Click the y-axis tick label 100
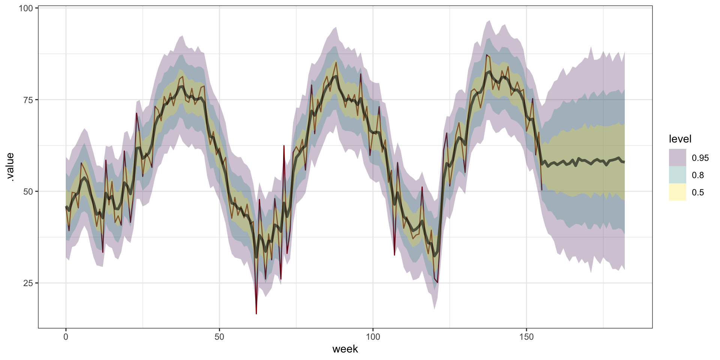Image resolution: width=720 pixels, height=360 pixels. [25, 8]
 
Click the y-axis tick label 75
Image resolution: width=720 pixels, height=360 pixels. [28, 100]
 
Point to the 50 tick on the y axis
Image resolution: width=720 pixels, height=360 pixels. [28, 191]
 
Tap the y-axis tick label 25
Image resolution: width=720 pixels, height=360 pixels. [28, 283]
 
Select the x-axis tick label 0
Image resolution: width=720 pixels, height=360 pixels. [66, 337]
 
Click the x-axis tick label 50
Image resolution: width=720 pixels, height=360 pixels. [219, 337]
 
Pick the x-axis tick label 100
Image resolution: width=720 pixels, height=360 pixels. [373, 337]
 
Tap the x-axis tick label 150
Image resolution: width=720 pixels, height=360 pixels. [526, 337]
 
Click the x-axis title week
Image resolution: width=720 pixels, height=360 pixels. [345, 349]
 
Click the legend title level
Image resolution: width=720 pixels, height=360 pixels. [680, 139]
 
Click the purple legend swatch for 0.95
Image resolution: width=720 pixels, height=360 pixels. [677, 157]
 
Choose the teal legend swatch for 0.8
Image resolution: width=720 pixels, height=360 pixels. [677, 175]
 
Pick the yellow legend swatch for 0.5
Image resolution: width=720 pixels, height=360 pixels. [677, 192]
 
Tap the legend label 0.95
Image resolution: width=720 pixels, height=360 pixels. [700, 158]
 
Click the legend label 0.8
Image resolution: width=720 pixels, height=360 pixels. [698, 175]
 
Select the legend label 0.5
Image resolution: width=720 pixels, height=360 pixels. [698, 192]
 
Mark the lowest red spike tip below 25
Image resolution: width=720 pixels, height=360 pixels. [256, 313]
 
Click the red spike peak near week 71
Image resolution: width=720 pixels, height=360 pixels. [284, 145]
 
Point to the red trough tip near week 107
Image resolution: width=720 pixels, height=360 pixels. [394, 255]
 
